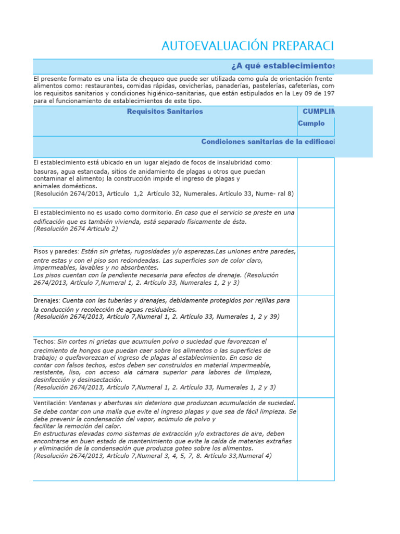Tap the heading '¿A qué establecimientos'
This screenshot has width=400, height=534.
tap(282, 66)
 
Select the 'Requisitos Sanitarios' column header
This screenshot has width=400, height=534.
tap(165, 112)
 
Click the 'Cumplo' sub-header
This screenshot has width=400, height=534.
tap(311, 124)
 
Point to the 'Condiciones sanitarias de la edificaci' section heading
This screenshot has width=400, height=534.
tap(268, 142)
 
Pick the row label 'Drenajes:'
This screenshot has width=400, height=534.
tap(46, 301)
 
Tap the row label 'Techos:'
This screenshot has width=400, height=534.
tap(44, 341)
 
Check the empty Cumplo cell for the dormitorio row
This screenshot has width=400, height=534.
tap(316, 226)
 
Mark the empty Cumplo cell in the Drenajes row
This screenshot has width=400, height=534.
tap(316, 316)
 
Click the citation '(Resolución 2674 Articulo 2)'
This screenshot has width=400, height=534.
tap(76, 228)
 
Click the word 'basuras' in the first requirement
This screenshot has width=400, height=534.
tap(45, 171)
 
